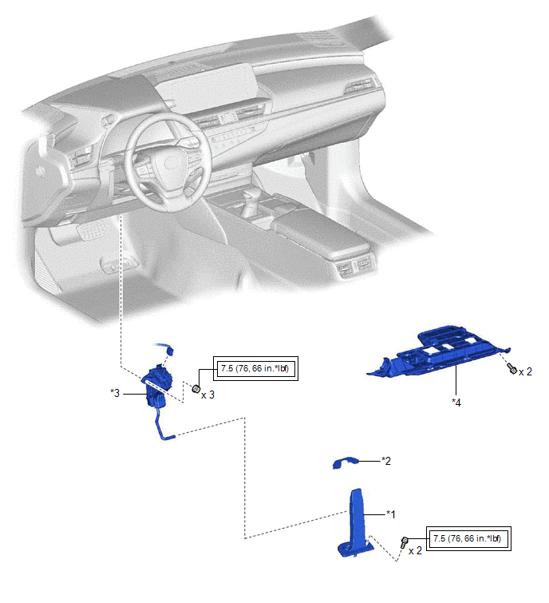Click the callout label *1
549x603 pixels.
pyautogui.click(x=391, y=514)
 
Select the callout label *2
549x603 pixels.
pyautogui.click(x=386, y=461)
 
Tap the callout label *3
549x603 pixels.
pyautogui.click(x=115, y=393)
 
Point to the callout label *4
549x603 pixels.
pyautogui.click(x=456, y=403)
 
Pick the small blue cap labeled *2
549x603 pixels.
pyautogui.click(x=345, y=462)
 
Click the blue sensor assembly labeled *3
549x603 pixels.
pyautogui.click(x=157, y=388)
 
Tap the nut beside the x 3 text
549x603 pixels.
pyautogui.click(x=196, y=389)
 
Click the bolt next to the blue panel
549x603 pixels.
pyautogui.click(x=511, y=368)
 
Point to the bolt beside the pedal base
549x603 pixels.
pyautogui.click(x=404, y=542)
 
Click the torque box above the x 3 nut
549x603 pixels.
pyautogui.click(x=255, y=368)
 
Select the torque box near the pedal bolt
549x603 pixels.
pyautogui.click(x=468, y=538)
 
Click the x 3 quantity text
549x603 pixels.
pyautogui.click(x=207, y=395)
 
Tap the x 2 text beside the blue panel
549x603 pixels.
pyautogui.click(x=525, y=372)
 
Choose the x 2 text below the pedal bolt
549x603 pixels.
pyautogui.click(x=415, y=551)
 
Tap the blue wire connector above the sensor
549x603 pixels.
pyautogui.click(x=170, y=351)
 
